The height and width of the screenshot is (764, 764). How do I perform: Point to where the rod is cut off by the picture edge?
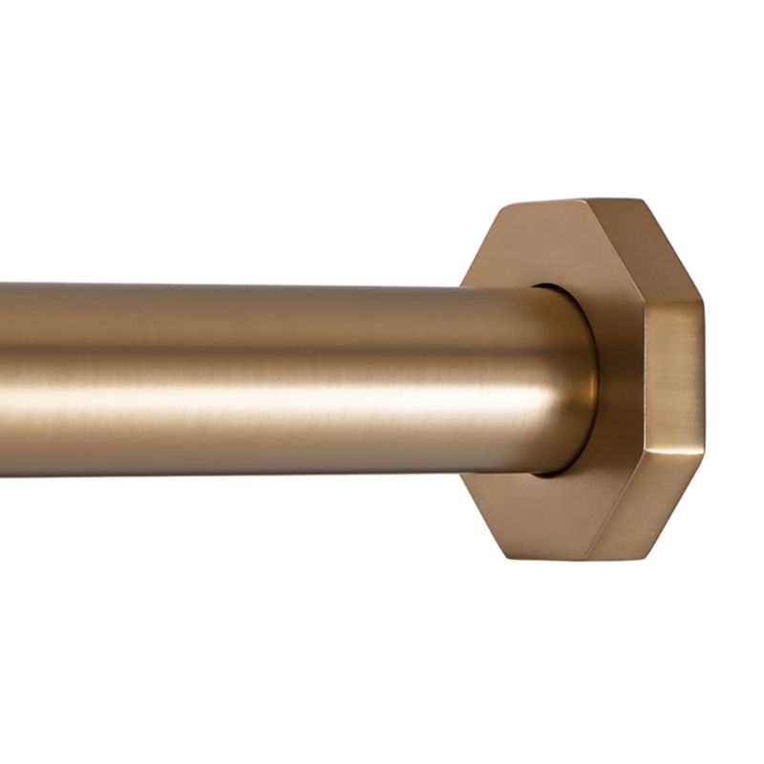pos(4,382)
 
